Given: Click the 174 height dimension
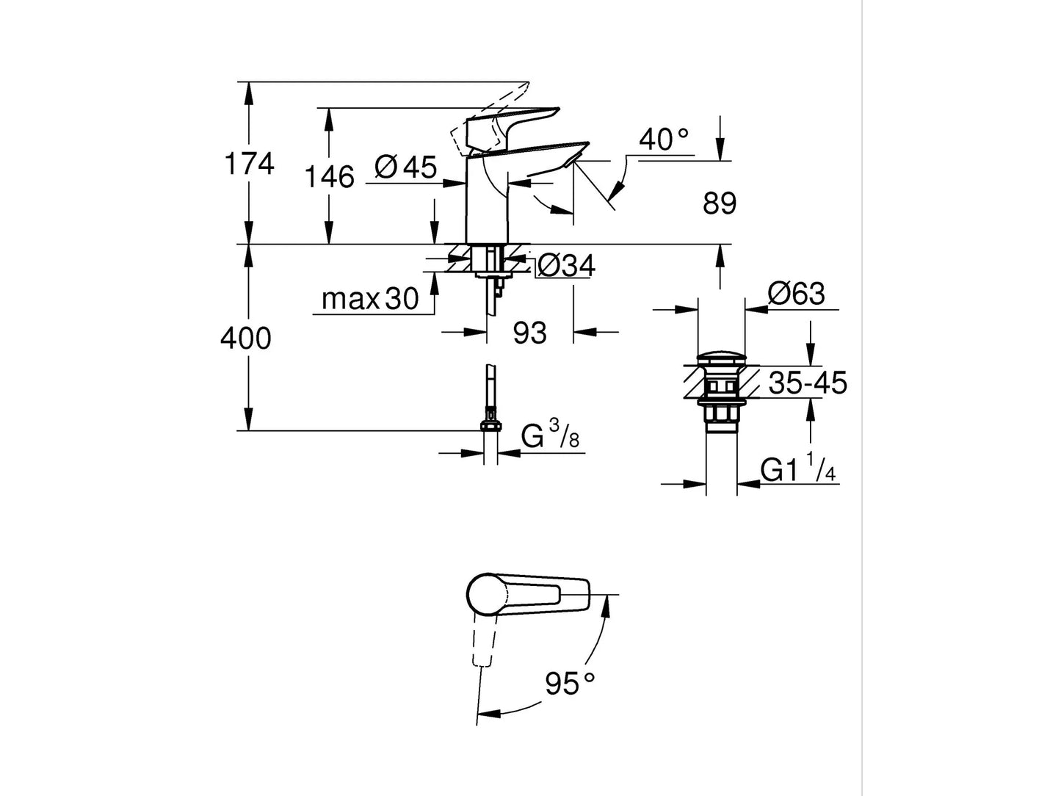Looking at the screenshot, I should coord(249,164).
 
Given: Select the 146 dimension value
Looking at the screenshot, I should coord(330,177).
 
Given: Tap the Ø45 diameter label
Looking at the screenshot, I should coord(405,167).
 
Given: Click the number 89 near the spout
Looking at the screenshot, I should coord(719,204).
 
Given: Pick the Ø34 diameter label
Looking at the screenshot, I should coord(565,266).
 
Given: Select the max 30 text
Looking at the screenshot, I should coord(370,299).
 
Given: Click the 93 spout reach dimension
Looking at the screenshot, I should coord(529,333).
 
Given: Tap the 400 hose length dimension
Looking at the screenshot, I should coord(246,339).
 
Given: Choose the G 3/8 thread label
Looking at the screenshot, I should coord(550,435).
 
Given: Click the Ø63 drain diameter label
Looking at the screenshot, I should coord(796,294).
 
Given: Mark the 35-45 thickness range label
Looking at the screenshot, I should coord(808,383).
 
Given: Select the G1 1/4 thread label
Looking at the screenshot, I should coord(798,469).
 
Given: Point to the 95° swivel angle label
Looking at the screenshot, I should coord(570,684).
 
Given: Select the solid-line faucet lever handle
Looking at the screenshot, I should coord(514,120).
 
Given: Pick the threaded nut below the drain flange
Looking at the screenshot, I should coord(721,416).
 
